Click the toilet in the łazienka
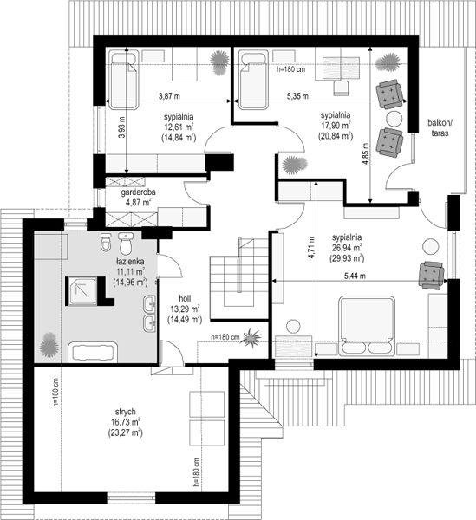point(126,243)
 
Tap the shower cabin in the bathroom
point(82,291)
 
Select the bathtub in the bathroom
point(93,352)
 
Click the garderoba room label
point(138,192)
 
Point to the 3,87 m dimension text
point(169,96)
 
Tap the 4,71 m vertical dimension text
point(311,248)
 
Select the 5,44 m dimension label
point(355,276)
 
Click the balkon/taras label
point(440,128)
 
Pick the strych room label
point(126,412)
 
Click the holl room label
point(185,298)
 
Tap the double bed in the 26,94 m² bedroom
point(367,327)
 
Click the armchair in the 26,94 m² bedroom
point(431,276)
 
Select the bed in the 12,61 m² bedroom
point(124,80)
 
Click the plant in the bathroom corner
point(49,345)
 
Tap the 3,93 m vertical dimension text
point(121,127)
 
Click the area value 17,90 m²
point(336,126)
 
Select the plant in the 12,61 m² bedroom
point(219,62)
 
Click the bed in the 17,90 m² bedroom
point(253,80)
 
